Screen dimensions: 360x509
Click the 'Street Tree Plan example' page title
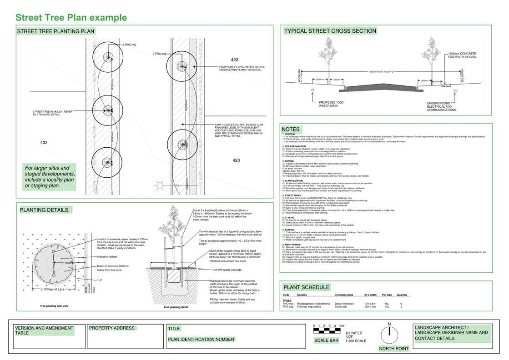(71, 18)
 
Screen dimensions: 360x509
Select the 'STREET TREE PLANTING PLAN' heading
(56, 31)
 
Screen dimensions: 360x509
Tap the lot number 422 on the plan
(235, 60)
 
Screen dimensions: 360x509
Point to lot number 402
(44, 143)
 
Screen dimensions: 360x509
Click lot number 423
(236, 160)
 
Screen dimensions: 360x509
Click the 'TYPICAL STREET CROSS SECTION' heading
(330, 31)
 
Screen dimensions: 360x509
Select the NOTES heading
(291, 130)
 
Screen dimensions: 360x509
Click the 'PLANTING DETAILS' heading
(44, 210)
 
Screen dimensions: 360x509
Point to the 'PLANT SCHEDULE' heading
(306, 287)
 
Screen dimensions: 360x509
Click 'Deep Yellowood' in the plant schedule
(344, 304)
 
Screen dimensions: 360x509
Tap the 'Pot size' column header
(387, 295)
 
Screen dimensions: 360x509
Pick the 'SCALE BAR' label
(326, 340)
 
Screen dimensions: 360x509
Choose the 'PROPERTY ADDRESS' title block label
(112, 328)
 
